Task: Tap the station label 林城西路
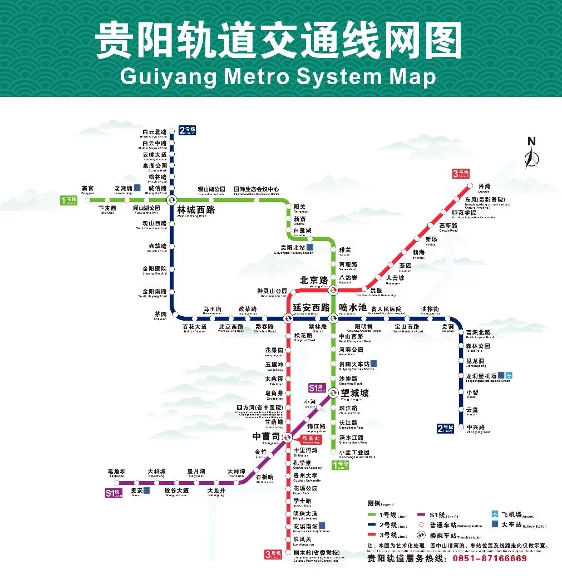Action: pyautogui.click(x=195, y=210)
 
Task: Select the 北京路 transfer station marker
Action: pyautogui.click(x=333, y=289)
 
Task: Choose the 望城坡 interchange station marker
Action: pyautogui.click(x=333, y=392)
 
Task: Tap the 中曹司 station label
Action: pyautogui.click(x=267, y=436)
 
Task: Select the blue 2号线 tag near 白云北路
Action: pyautogui.click(x=188, y=131)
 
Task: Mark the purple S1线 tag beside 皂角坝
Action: pyautogui.click(x=114, y=493)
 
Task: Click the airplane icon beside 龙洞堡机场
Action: pyautogui.click(x=509, y=376)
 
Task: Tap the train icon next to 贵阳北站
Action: pyautogui.click(x=309, y=247)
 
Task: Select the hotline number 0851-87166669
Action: pyautogui.click(x=490, y=558)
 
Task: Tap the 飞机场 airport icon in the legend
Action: pyautogui.click(x=495, y=514)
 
